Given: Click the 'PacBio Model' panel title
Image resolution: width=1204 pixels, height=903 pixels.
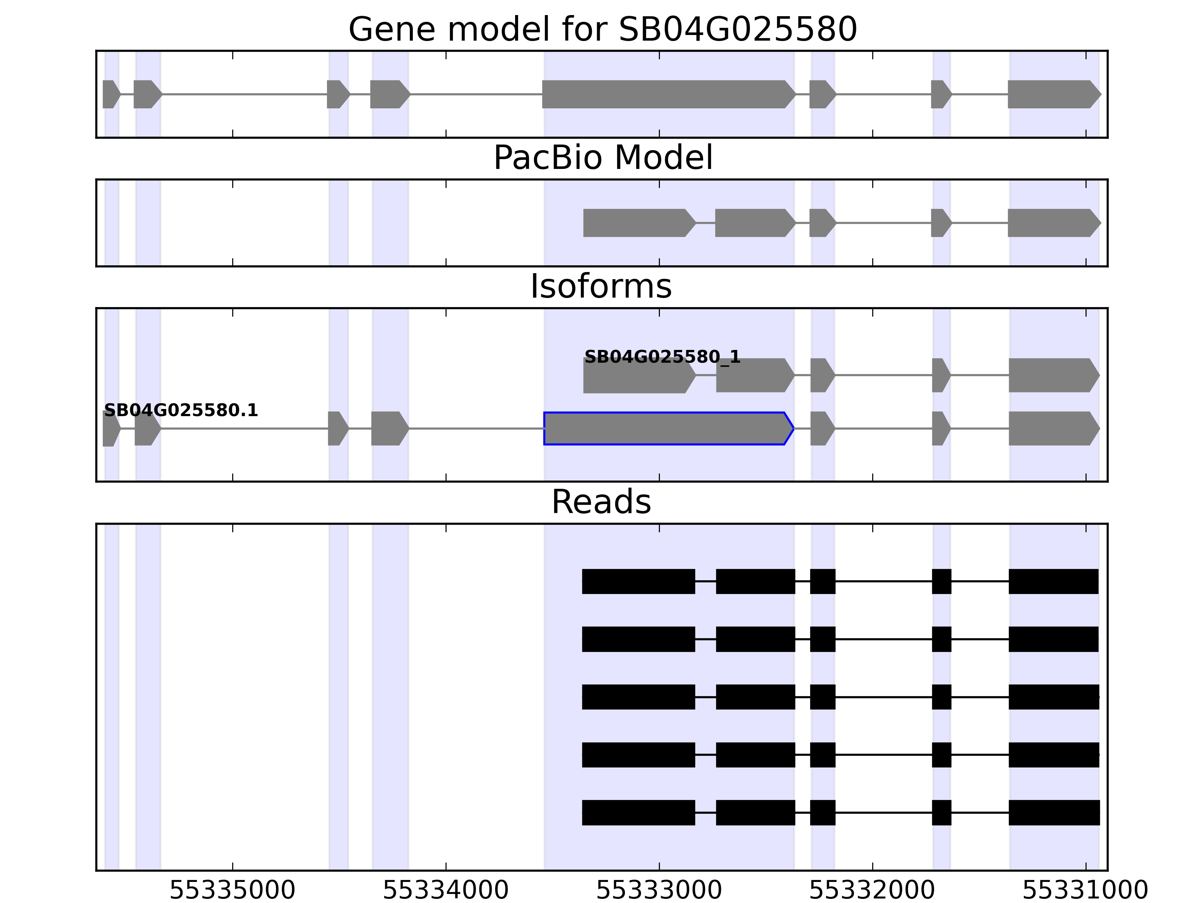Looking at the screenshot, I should [x=602, y=158].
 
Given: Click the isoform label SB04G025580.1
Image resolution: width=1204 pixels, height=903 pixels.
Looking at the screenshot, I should [x=181, y=410].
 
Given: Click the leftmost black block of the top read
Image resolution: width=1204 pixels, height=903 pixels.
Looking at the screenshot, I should [x=638, y=581].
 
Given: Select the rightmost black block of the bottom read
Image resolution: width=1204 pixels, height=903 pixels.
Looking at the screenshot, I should [x=1054, y=813].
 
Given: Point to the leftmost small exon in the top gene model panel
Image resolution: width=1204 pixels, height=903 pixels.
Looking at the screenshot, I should [x=111, y=94].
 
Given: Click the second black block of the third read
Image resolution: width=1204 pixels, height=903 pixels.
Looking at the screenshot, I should [x=756, y=697].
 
